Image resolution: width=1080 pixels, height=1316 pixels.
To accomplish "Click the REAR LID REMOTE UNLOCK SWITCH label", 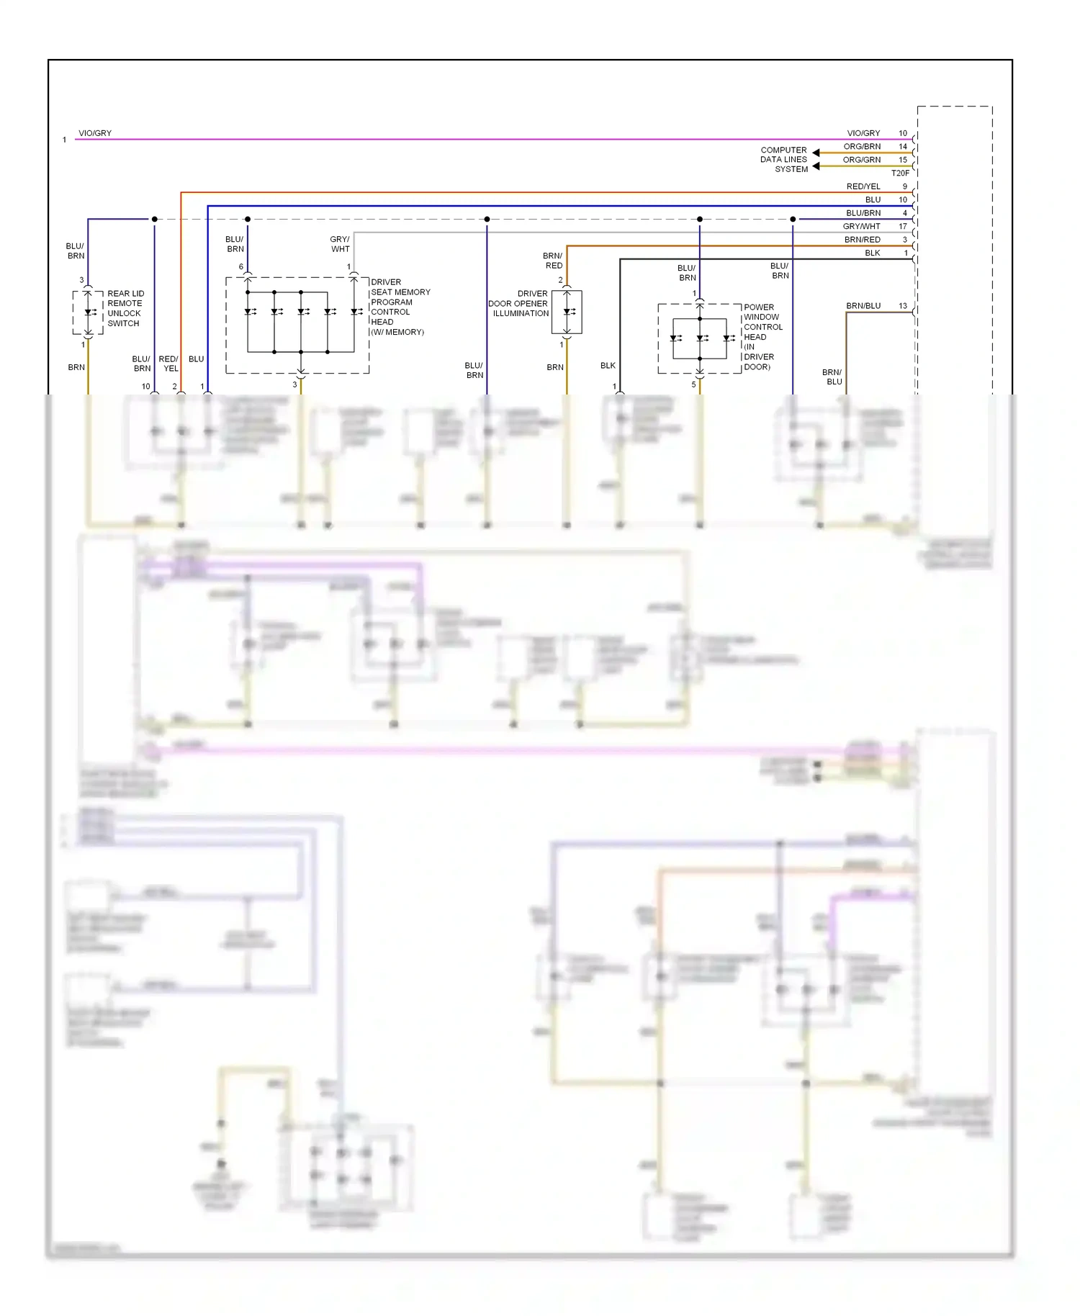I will click(x=125, y=308).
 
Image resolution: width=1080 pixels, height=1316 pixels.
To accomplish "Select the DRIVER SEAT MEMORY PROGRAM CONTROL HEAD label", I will click(x=400, y=307).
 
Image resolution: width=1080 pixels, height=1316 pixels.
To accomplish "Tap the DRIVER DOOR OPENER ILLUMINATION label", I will click(x=519, y=303).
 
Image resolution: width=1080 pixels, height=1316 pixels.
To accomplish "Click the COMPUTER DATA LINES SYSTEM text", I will click(x=784, y=160).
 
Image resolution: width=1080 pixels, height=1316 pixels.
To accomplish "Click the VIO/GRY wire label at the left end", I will click(x=95, y=133).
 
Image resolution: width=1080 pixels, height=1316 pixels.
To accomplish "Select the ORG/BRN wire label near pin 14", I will click(x=862, y=146).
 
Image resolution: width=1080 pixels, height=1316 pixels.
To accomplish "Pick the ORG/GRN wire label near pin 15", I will click(x=862, y=160).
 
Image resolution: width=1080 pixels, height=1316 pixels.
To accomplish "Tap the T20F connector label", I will click(x=900, y=173).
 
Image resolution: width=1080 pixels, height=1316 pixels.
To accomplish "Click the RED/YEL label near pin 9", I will click(x=863, y=186).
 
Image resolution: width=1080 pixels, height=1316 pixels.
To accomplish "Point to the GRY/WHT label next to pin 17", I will click(x=861, y=226).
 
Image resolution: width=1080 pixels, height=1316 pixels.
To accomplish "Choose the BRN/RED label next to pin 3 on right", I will click(x=862, y=240).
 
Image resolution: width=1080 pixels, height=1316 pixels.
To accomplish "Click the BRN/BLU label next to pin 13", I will click(x=863, y=306).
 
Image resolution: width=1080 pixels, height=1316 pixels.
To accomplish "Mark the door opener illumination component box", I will click(x=567, y=312).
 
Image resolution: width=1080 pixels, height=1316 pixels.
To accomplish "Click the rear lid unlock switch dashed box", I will click(x=88, y=312).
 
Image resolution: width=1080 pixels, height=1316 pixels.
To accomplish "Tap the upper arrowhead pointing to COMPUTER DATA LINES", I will click(x=816, y=153).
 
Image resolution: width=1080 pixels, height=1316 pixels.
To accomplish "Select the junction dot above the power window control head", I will click(x=699, y=219).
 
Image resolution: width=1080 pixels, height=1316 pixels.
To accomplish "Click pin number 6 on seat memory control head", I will click(x=241, y=267).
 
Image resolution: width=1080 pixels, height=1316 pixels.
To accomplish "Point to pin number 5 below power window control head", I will click(x=693, y=384).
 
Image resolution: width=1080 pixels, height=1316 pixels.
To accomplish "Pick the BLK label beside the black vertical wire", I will click(x=608, y=366).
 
